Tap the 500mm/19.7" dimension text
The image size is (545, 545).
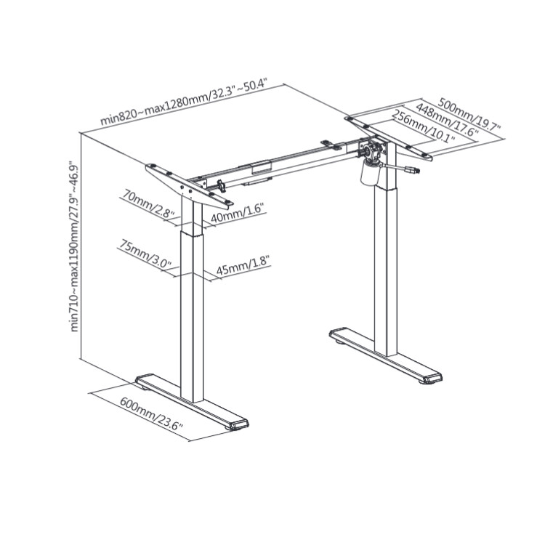(x=469, y=113)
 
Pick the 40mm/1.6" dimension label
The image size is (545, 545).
(x=238, y=213)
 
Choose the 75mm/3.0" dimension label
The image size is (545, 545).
(x=145, y=253)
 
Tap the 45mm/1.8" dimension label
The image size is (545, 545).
(x=243, y=266)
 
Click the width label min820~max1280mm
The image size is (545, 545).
(x=184, y=102)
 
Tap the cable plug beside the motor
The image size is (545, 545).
(x=411, y=169)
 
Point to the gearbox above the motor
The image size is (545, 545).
(x=372, y=151)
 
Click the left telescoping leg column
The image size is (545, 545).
(x=192, y=299)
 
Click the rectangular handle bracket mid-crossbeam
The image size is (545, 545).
(x=262, y=166)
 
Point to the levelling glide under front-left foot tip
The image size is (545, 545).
(x=233, y=428)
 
